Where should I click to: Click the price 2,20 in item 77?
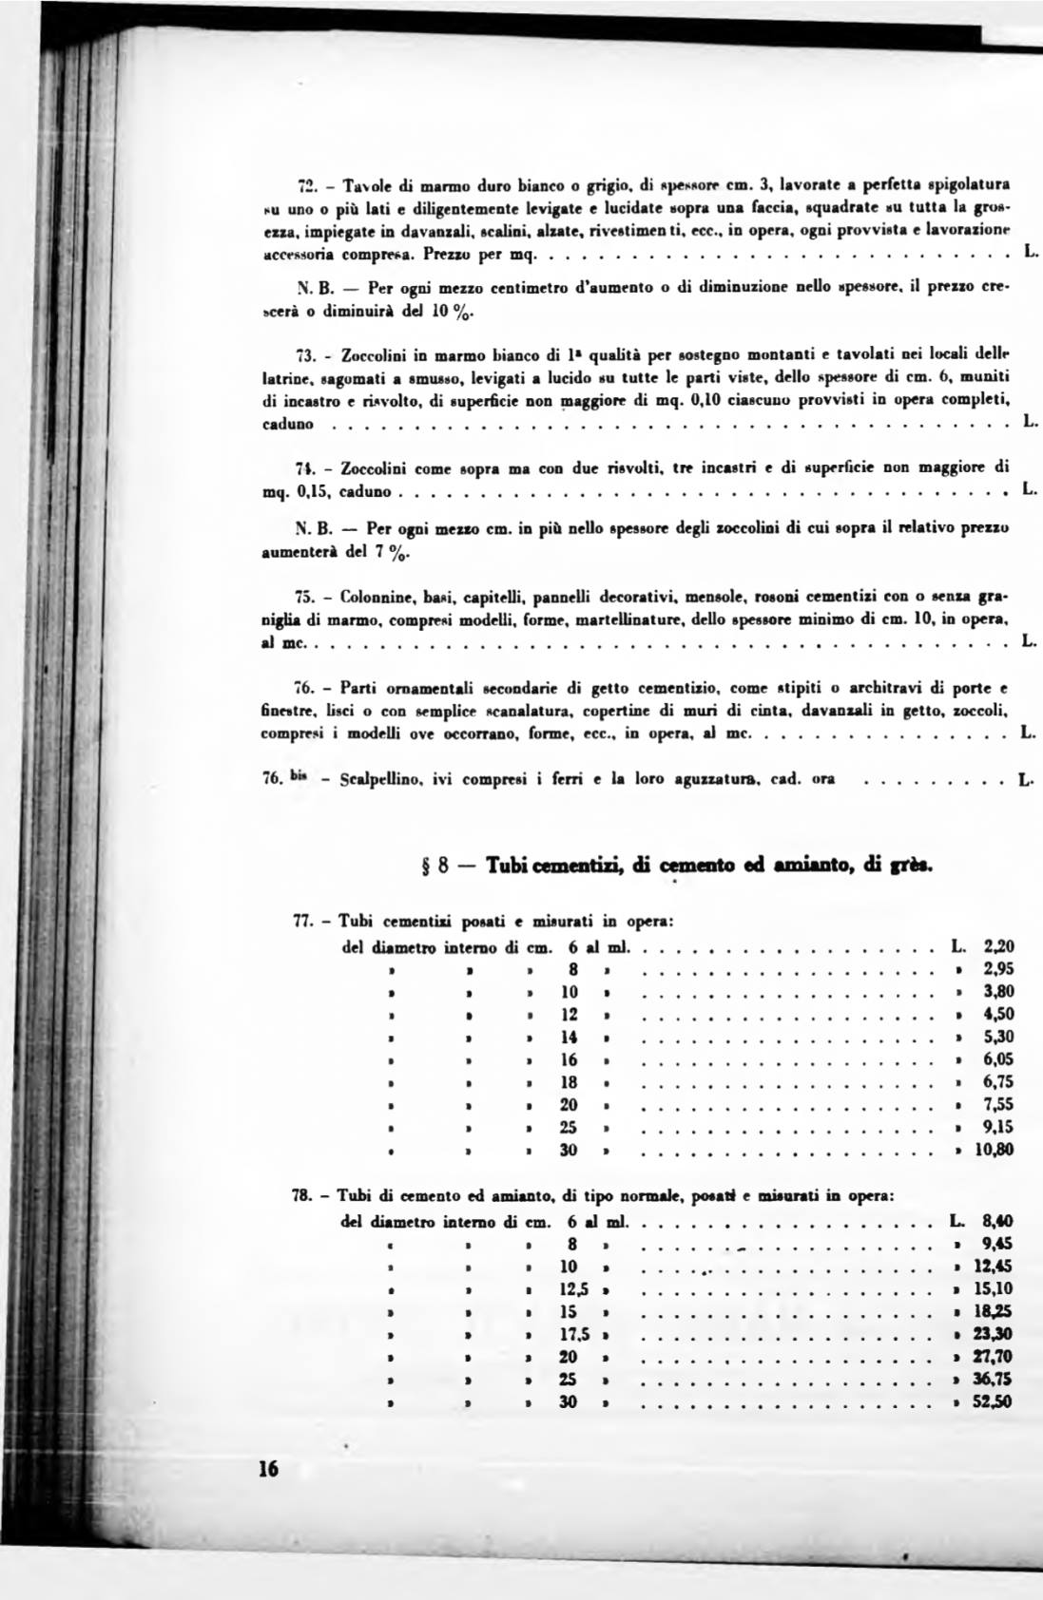click(999, 945)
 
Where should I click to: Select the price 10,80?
click(995, 1150)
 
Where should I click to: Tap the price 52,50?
click(995, 1400)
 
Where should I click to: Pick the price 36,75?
click(995, 1378)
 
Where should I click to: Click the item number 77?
click(302, 921)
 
